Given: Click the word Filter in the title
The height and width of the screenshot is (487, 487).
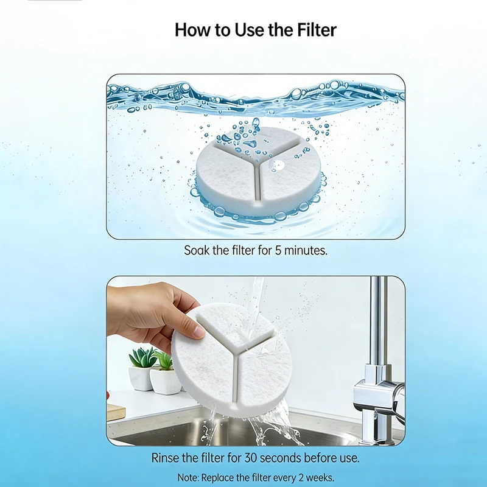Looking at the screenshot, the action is coord(317,30).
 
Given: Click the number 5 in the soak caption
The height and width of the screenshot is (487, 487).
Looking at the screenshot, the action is coord(278,250).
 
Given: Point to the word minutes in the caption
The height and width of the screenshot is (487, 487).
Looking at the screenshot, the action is coord(306,250).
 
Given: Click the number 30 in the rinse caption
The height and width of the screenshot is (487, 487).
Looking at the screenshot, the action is coord(251,458).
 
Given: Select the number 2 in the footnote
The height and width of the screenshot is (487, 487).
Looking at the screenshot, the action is coord(301,477).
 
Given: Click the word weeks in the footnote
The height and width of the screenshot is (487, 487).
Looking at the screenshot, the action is coord(320,477).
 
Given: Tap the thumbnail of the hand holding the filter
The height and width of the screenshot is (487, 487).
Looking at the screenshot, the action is coord(256,361).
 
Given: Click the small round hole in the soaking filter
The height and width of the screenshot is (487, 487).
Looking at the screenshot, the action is coord(279,164).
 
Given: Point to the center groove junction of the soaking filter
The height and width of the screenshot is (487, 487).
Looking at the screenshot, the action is coord(256,164).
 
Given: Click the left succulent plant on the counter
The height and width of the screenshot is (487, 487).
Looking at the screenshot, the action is coord(142,357).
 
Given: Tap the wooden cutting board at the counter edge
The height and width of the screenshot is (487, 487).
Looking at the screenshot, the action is coord(116,412).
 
